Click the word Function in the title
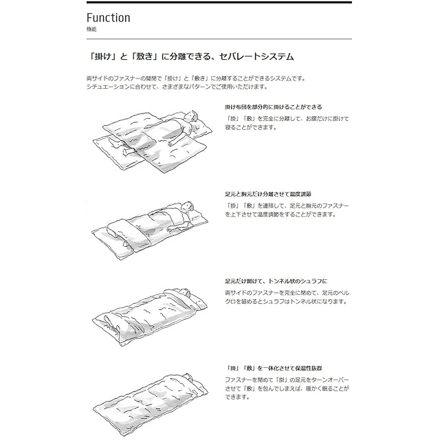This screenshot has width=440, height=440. (108, 18)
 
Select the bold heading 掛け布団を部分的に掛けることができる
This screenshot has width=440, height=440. (273, 107)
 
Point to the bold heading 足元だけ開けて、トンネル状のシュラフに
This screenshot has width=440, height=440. (276, 281)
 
